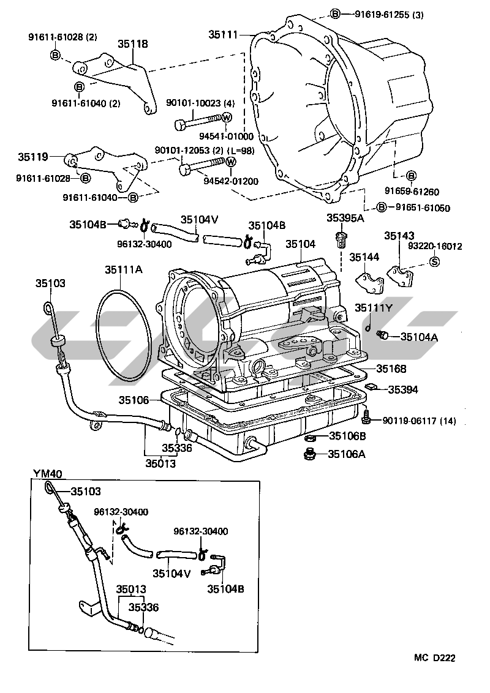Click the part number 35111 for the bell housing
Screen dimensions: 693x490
click(224, 36)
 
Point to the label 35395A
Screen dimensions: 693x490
click(345, 218)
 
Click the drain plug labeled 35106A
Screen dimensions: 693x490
click(309, 454)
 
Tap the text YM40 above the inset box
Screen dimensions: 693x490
click(47, 473)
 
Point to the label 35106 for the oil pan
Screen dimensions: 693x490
click(134, 400)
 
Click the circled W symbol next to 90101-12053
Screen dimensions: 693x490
click(231, 162)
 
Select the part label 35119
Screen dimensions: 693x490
click(32, 157)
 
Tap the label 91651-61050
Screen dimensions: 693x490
click(422, 208)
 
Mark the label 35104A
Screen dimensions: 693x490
click(420, 336)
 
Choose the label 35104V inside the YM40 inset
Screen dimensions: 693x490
click(171, 574)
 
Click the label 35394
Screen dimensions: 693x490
click(402, 389)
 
